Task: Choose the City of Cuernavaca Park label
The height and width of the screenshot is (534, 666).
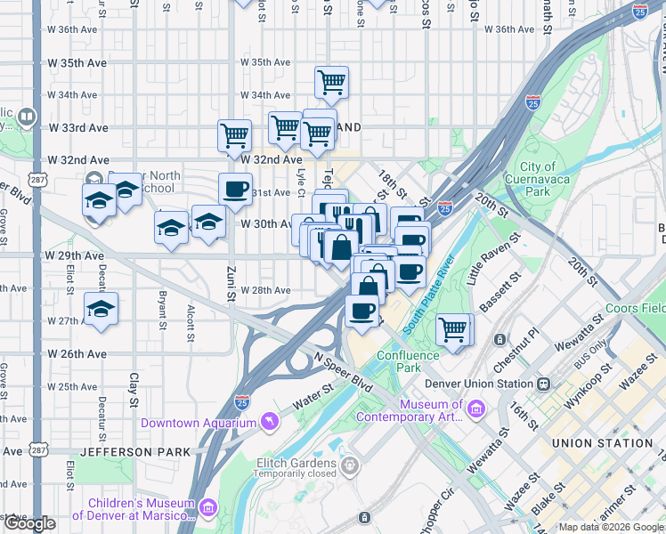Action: [549, 179]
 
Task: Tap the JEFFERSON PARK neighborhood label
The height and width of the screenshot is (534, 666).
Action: [135, 452]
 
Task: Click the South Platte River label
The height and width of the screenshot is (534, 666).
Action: [429, 294]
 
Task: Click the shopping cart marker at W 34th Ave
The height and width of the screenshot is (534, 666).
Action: [331, 84]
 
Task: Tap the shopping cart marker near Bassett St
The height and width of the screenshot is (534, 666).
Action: [453, 330]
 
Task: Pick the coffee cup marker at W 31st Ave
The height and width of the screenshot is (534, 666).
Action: [236, 189]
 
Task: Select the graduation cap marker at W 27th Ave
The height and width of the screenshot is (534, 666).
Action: [102, 309]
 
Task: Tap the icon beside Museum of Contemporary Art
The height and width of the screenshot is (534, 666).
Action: [476, 410]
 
